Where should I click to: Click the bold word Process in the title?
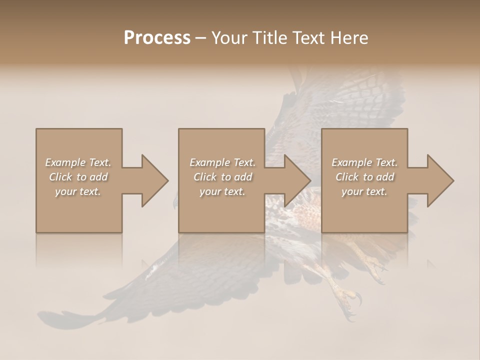(x=157, y=38)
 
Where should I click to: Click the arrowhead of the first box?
(x=154, y=180)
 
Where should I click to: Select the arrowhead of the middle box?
(x=297, y=180)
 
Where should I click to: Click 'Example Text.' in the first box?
(x=78, y=162)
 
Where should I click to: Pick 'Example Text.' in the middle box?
(x=222, y=162)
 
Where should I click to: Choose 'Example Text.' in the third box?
(x=364, y=162)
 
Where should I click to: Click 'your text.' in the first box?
(x=78, y=191)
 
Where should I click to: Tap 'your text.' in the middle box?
(x=222, y=191)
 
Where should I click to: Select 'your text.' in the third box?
(x=364, y=191)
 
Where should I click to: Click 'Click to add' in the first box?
(x=78, y=177)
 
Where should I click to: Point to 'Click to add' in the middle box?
(x=222, y=177)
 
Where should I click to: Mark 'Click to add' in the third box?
(x=364, y=177)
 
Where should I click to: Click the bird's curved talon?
(x=358, y=300)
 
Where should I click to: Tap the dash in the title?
(x=201, y=38)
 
